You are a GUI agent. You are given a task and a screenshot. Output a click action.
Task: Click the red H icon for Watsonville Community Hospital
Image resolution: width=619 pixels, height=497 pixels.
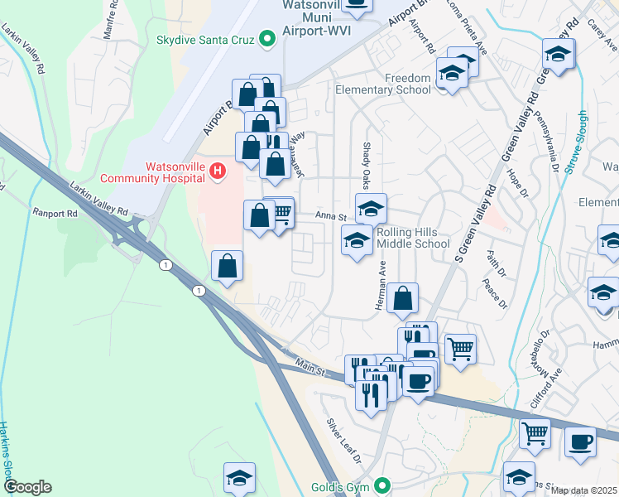tap(217, 171)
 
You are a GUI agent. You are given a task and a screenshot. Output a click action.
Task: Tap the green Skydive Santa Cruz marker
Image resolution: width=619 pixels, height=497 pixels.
tap(267, 39)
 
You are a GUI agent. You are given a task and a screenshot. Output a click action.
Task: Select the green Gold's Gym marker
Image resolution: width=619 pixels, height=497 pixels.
tap(382, 485)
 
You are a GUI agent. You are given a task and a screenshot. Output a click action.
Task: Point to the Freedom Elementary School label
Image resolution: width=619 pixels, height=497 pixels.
tap(383, 84)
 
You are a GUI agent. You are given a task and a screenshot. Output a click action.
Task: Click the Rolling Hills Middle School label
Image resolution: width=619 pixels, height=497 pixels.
tap(413, 239)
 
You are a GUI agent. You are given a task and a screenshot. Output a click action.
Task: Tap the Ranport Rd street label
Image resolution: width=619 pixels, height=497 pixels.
tap(55, 212)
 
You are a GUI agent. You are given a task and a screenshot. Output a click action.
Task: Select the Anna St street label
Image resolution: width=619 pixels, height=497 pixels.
tap(330, 216)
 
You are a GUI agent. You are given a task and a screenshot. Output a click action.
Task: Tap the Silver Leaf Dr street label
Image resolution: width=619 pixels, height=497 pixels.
tap(344, 441)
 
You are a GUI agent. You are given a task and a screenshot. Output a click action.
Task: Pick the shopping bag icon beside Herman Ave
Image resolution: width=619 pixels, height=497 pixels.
tap(402, 298)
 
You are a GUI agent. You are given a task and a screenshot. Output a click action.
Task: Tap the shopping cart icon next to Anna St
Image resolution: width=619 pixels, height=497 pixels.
tap(281, 213)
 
